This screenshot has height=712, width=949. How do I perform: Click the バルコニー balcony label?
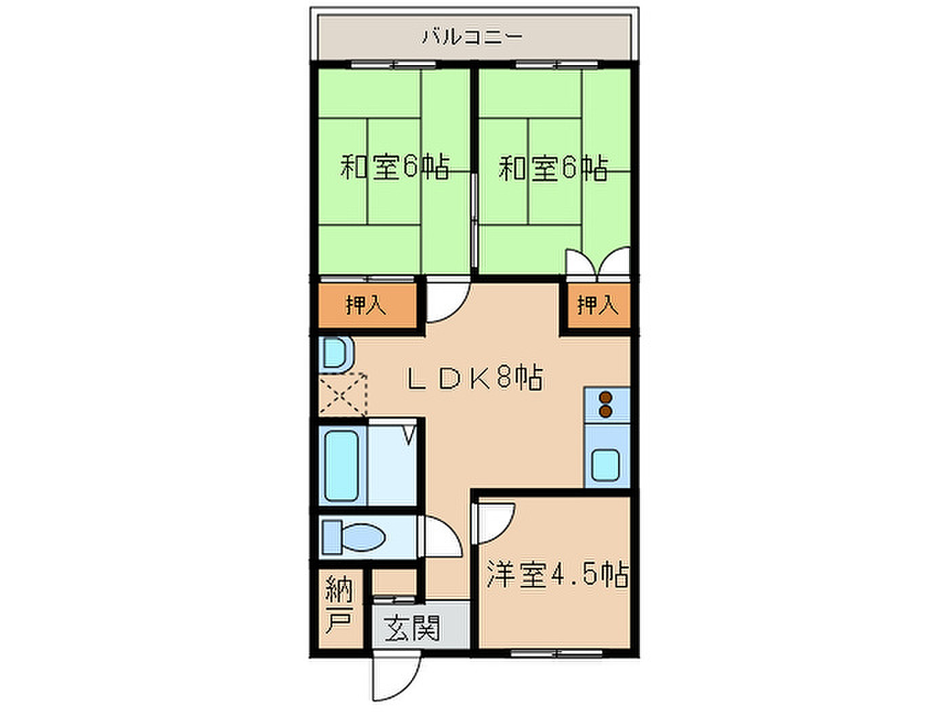click(x=472, y=37)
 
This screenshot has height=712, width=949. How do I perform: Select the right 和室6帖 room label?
click(x=553, y=167)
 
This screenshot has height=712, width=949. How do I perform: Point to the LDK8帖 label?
click(x=474, y=377)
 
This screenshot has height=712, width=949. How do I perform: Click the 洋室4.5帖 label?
click(x=557, y=574)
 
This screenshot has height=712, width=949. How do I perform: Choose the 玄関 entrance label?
click(x=411, y=628)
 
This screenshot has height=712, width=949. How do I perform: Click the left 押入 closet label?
click(x=366, y=304)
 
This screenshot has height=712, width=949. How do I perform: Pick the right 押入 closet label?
click(x=598, y=304)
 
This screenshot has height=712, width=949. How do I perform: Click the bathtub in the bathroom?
click(x=341, y=465)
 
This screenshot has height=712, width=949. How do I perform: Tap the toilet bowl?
click(x=361, y=538)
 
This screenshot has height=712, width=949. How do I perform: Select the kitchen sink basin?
click(x=605, y=465)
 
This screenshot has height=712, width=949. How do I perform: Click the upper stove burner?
click(x=606, y=397)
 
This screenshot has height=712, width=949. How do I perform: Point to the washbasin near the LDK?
click(x=334, y=355)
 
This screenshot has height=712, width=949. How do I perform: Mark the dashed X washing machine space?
click(x=343, y=395)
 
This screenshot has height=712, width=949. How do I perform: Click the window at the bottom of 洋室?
click(x=557, y=653)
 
